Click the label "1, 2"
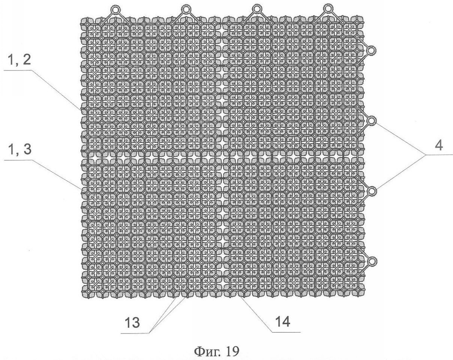pyautogui.click(x=19, y=60)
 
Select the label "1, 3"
pyautogui.click(x=19, y=150)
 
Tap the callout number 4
pyautogui.click(x=438, y=146)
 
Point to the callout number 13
pyautogui.click(x=133, y=322)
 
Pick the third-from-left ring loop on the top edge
pyautogui.click(x=256, y=9)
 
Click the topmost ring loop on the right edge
pyautogui.click(x=372, y=51)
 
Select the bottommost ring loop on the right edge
pyautogui.click(x=372, y=261)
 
